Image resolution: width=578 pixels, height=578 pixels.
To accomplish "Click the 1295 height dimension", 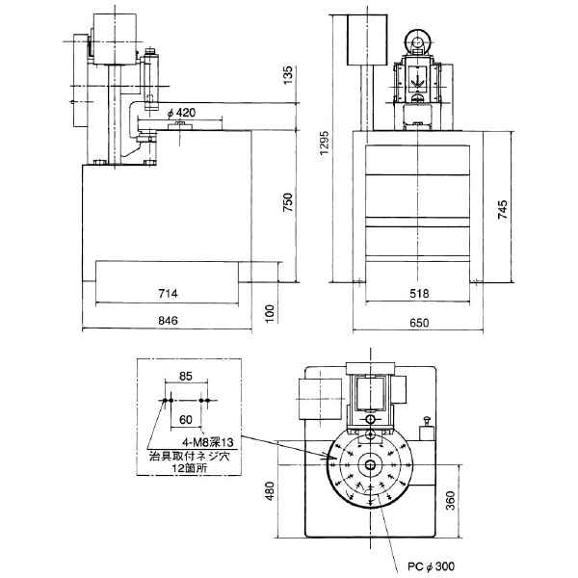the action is click(x=324, y=143).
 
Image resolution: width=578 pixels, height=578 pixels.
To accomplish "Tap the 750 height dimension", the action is click(x=287, y=202).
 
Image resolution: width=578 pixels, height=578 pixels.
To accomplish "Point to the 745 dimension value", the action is click(x=502, y=210).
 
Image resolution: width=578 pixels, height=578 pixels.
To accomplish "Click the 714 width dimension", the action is click(x=168, y=294).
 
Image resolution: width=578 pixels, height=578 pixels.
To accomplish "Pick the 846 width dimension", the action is click(x=168, y=321).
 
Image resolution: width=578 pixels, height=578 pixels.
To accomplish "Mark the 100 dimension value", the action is click(x=270, y=314).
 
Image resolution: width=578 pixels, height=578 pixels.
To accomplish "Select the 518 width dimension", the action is click(x=419, y=294).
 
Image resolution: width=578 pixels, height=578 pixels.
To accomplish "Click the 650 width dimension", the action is click(x=419, y=323).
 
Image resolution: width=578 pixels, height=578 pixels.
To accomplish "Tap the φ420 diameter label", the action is click(x=181, y=113).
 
